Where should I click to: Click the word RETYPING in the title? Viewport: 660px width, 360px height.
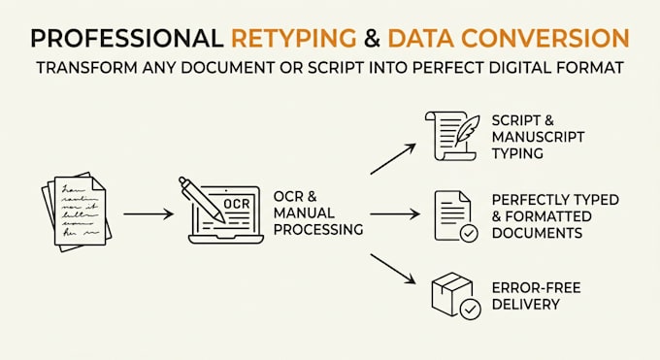pyautogui.click(x=294, y=38)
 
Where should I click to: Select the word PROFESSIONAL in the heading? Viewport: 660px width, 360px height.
pyautogui.click(x=127, y=38)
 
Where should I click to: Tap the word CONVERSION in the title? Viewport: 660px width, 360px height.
pyautogui.click(x=545, y=38)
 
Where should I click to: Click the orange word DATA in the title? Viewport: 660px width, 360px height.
pyautogui.click(x=421, y=38)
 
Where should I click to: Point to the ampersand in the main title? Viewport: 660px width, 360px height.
pyautogui.click(x=372, y=38)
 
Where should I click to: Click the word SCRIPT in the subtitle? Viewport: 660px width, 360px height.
pyautogui.click(x=336, y=68)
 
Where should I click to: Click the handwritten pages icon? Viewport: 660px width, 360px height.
pyautogui.click(x=77, y=212)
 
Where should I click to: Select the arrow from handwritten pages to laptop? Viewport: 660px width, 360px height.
pyautogui.click(x=148, y=213)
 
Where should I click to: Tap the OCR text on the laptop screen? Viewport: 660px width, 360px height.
pyautogui.click(x=237, y=204)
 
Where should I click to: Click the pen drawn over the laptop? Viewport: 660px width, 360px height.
pyautogui.click(x=202, y=200)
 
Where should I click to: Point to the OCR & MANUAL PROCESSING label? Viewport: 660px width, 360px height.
pyautogui.click(x=318, y=213)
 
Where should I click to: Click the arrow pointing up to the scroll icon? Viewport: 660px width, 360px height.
pyautogui.click(x=393, y=159)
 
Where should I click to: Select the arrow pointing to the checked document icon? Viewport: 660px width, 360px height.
pyautogui.click(x=395, y=213)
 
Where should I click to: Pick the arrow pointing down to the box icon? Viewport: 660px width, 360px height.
pyautogui.click(x=393, y=269)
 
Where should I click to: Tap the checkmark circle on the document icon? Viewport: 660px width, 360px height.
pyautogui.click(x=469, y=233)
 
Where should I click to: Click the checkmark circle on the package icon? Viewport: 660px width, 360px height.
pyautogui.click(x=470, y=310)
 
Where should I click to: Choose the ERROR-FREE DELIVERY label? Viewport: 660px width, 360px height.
pyautogui.click(x=536, y=296)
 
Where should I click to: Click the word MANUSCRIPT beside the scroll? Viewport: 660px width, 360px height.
pyautogui.click(x=538, y=137)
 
